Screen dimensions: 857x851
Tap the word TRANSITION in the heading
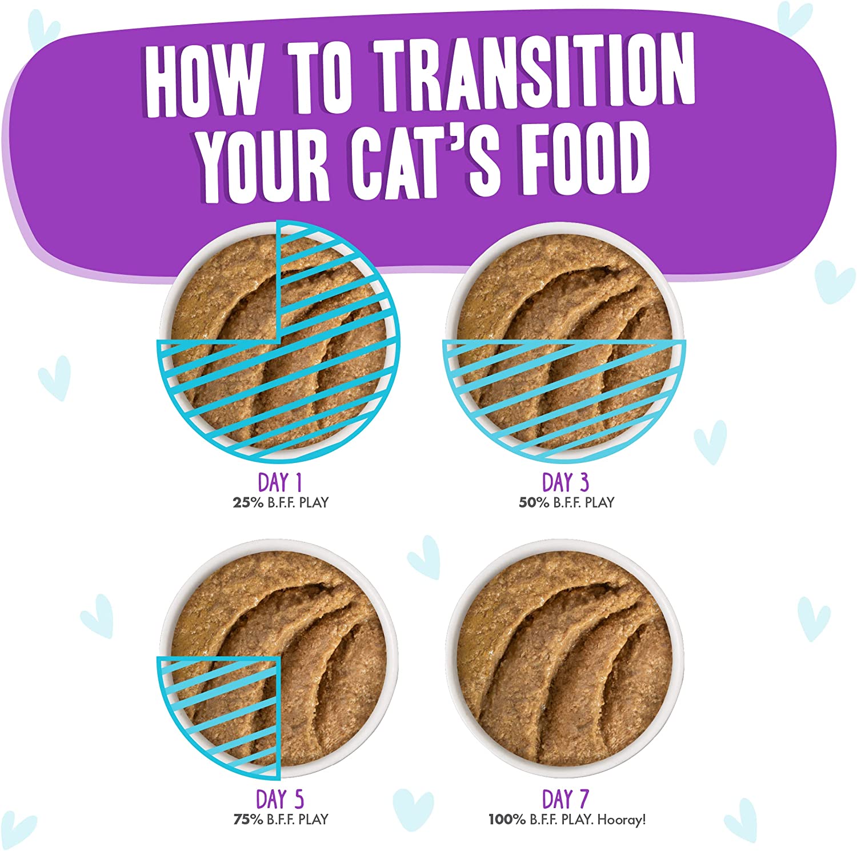click(x=535, y=71)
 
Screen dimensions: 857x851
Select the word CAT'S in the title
click(x=426, y=159)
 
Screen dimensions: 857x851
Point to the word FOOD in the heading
click(x=584, y=155)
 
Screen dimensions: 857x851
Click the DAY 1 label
click(x=280, y=482)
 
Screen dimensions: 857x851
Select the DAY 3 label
click(x=566, y=482)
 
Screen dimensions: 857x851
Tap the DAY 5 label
click(x=280, y=799)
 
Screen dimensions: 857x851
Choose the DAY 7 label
click(x=566, y=799)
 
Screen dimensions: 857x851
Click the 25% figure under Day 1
click(x=248, y=502)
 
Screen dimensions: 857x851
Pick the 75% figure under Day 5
click(x=249, y=819)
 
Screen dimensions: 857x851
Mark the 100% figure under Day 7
click(x=507, y=819)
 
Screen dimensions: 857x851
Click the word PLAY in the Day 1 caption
click(x=314, y=502)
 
